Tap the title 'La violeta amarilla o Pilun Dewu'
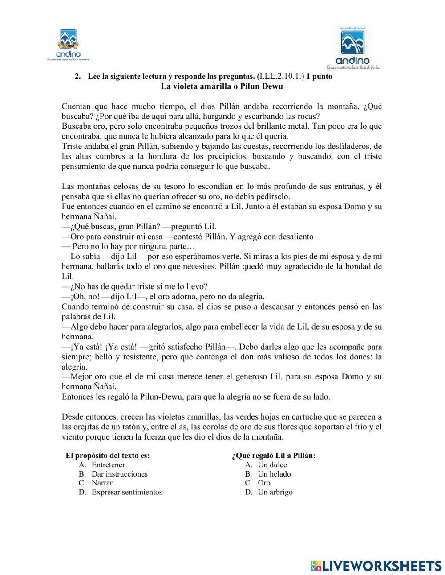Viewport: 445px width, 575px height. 222,86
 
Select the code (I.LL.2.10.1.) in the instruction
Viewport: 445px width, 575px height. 281,77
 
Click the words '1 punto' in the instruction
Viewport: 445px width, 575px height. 320,77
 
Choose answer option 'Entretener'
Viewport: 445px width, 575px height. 108,465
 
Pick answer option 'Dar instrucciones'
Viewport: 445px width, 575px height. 119,474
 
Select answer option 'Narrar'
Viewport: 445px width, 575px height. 102,483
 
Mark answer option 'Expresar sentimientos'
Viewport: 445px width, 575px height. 127,492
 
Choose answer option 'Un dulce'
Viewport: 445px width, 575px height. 272,465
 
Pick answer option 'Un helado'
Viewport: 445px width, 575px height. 274,474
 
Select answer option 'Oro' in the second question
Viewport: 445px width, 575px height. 264,483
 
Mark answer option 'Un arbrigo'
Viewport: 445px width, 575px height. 275,492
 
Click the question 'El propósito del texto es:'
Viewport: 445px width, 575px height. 108,455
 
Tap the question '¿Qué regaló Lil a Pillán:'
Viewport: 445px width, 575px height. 274,455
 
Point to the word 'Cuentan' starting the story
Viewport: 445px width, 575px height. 75,106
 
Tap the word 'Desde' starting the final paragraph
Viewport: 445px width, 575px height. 72,417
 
